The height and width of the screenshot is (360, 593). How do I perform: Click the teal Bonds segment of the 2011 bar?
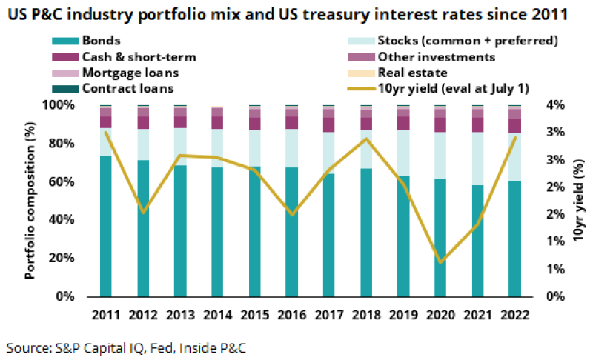[105, 226]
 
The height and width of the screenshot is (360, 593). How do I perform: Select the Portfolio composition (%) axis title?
[30, 200]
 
